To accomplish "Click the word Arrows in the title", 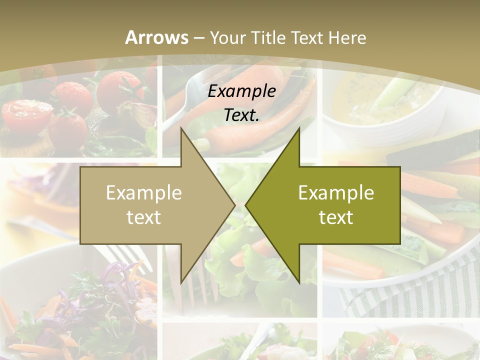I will coord(156,37).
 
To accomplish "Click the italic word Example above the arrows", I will coord(241,91).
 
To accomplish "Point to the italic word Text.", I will coord(241,115).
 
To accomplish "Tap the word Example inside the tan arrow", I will coord(144,193).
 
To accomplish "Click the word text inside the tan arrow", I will coord(144,217).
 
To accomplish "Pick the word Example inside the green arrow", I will coord(336,193).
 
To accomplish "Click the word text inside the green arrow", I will coord(336,217).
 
